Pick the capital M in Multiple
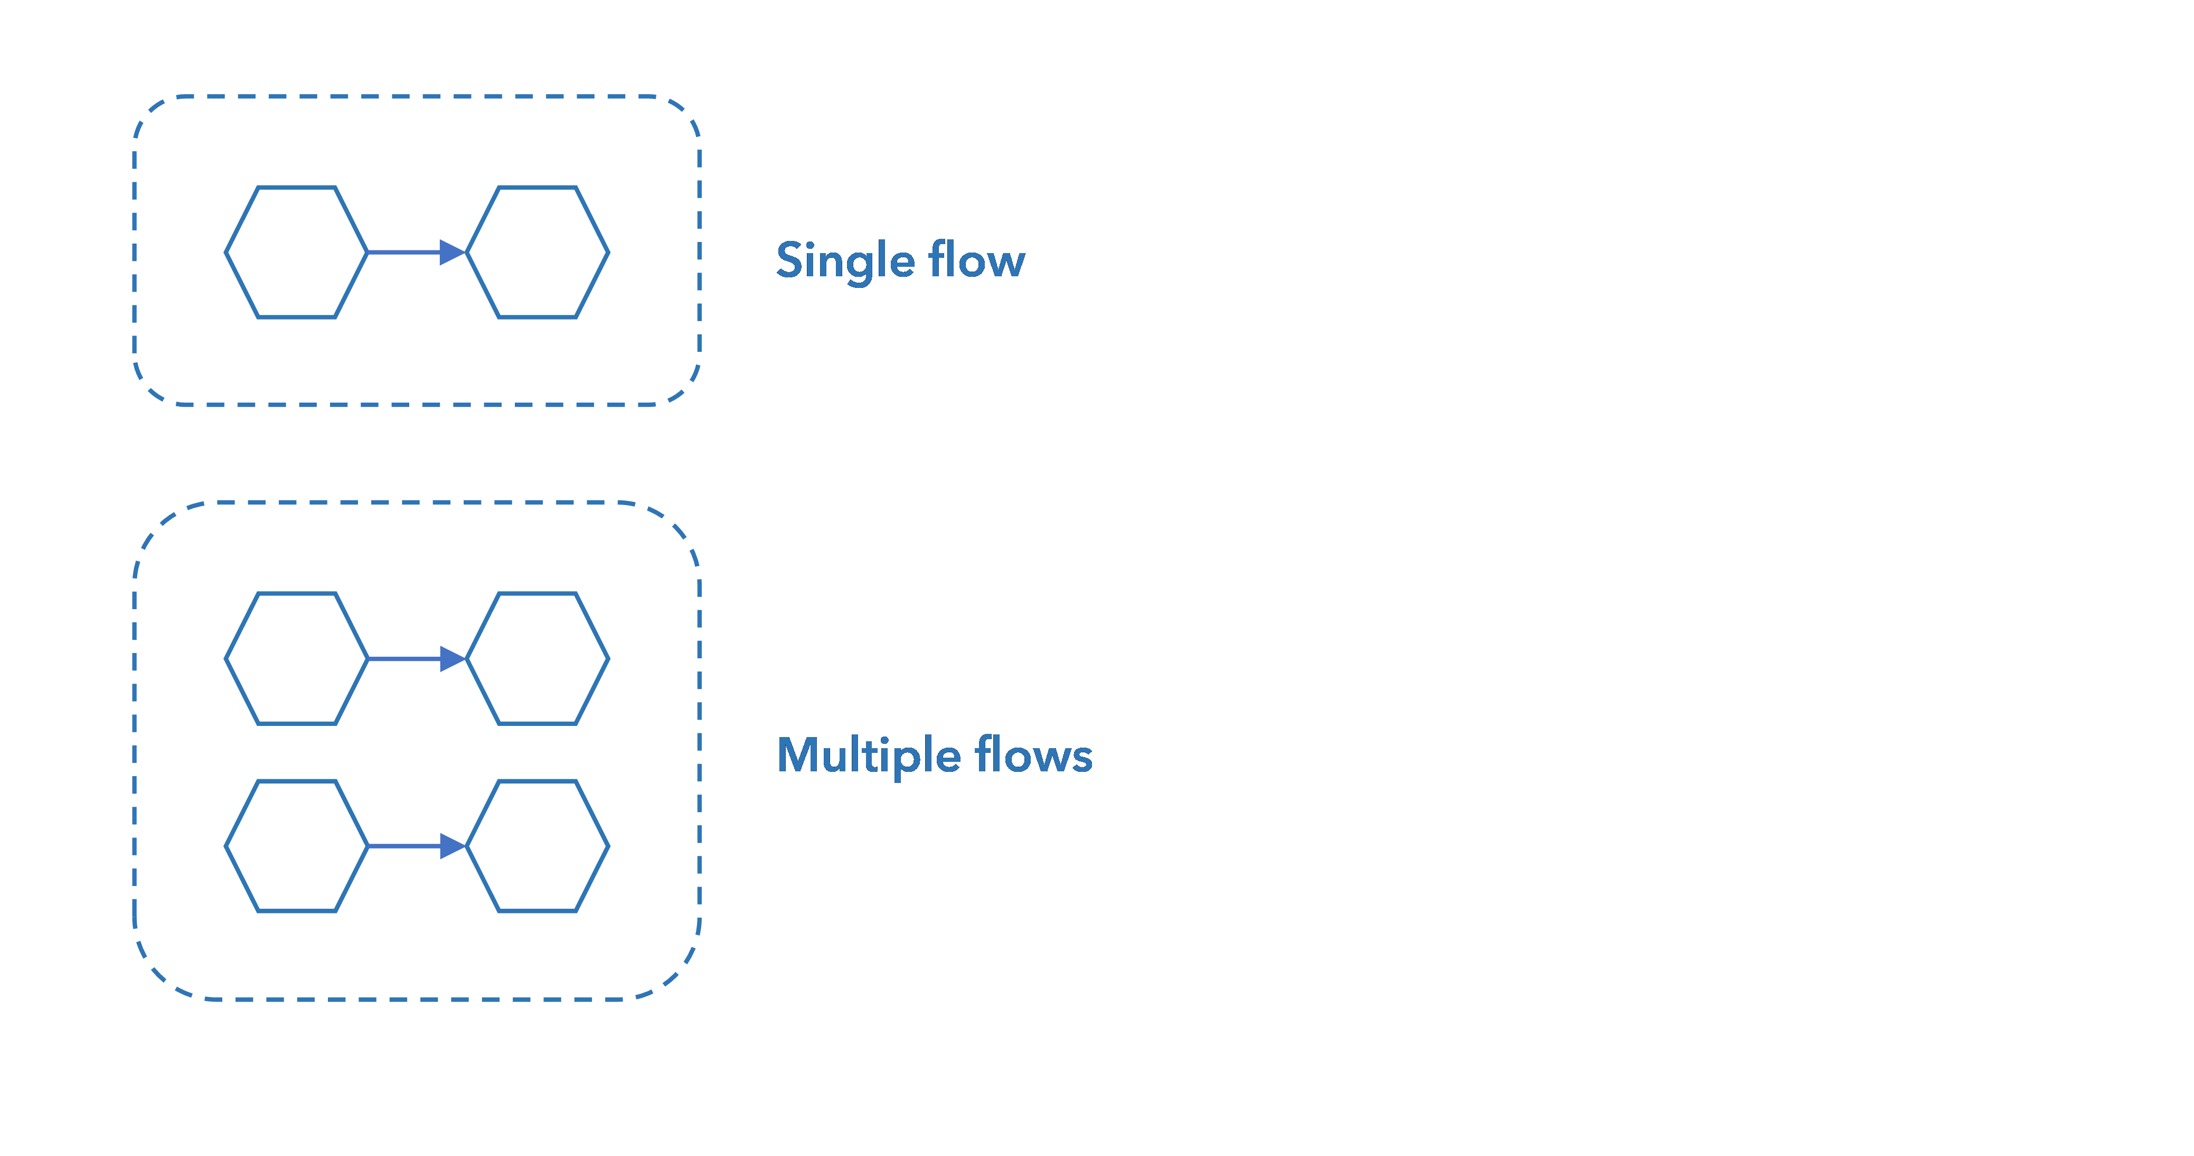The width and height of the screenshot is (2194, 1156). [x=798, y=755]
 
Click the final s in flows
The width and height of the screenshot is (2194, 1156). [x=1081, y=758]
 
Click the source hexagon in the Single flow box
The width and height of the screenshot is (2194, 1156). [x=296, y=252]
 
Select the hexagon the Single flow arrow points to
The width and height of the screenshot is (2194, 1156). [x=538, y=252]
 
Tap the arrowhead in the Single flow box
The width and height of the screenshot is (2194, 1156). [x=451, y=252]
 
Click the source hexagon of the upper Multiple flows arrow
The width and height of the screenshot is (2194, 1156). [x=296, y=658]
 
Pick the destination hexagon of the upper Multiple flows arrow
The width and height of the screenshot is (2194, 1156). [x=538, y=658]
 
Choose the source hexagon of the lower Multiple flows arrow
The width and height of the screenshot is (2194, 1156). [x=296, y=846]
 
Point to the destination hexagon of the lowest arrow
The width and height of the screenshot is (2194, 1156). [x=538, y=846]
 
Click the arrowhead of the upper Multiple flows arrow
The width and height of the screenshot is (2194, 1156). [x=451, y=658]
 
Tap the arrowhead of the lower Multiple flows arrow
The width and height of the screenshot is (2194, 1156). [x=451, y=846]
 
